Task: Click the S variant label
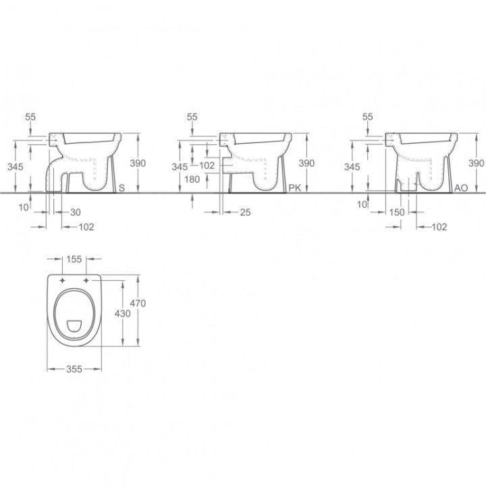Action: pos(122,188)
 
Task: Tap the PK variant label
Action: pos(295,188)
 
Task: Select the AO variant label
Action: pos(461,188)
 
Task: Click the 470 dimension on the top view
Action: pos(138,303)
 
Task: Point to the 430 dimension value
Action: pos(122,314)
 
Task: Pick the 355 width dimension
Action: pos(74,369)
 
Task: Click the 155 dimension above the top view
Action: pos(74,259)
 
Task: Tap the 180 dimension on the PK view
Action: pos(192,179)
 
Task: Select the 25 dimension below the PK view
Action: pos(245,213)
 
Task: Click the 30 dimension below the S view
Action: pos(76,213)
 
